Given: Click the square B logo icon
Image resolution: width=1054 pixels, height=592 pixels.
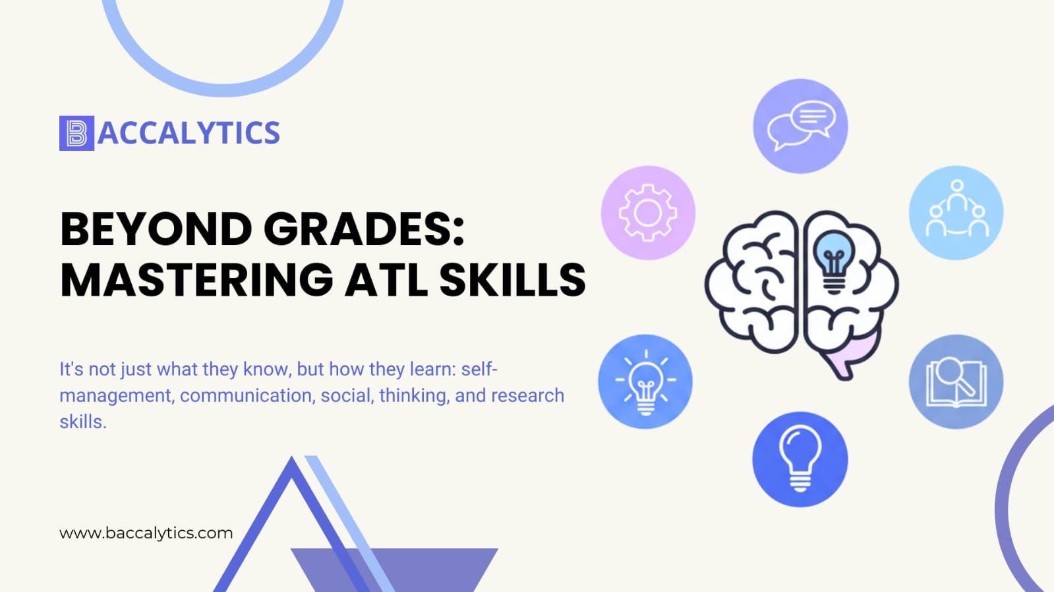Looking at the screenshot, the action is pos(76,133).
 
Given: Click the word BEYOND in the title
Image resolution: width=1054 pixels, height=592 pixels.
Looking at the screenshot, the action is pos(157,229).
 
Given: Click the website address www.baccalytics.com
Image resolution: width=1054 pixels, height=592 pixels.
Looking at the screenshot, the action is pos(146,533).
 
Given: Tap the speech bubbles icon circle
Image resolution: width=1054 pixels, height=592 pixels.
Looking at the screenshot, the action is pos(800,126).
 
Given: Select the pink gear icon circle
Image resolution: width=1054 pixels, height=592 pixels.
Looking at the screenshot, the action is pos(648,213).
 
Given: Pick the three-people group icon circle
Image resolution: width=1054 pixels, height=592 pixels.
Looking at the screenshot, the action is pos(956,213).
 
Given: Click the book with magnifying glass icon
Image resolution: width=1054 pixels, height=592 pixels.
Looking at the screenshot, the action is pos(956,382).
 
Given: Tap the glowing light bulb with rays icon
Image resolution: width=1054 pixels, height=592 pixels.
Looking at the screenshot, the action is pos(645,381).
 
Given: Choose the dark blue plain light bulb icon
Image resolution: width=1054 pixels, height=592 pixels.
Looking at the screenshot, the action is pos(800,460).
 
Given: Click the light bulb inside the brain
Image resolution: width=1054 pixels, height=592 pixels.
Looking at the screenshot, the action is pos(833,261).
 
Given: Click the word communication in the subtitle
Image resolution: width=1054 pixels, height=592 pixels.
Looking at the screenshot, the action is pos(247,396).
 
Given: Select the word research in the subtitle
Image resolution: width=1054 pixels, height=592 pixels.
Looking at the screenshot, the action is pos(527,396).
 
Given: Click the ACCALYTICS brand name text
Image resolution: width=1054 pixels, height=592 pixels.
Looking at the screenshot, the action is pos(189,132).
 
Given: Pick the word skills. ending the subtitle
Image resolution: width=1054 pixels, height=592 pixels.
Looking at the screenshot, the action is pos(83,422).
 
